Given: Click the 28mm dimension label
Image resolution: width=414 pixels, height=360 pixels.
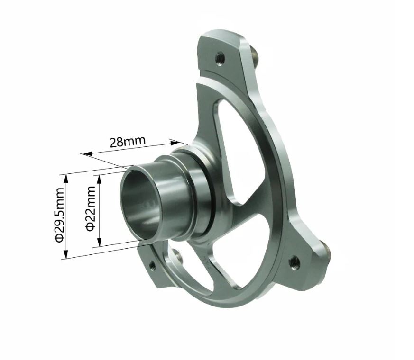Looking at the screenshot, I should point(127,142).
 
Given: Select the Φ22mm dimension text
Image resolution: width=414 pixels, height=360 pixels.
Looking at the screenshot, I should point(91,208).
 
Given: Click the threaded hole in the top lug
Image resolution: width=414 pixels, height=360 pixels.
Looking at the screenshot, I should point(219,58).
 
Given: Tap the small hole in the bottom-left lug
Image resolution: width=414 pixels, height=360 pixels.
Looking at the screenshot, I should point(152,266).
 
